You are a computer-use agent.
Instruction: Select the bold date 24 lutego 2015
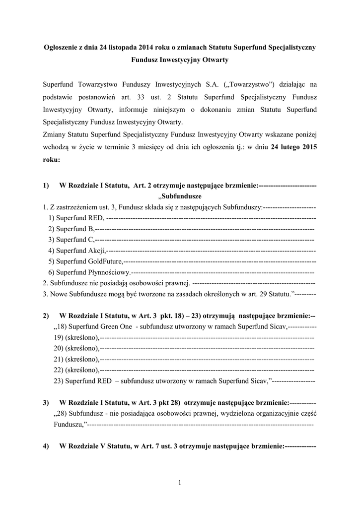(294, 147)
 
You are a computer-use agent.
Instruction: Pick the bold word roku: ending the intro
(52, 160)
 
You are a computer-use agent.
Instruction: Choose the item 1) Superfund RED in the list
(76, 218)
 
